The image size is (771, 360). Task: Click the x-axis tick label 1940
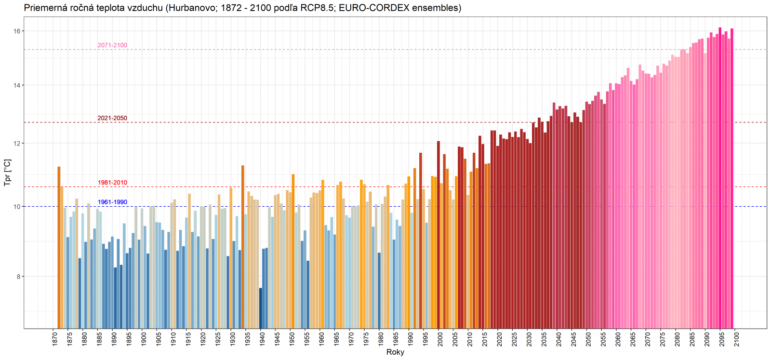(x=262, y=338)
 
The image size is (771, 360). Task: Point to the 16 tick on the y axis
(x=17, y=31)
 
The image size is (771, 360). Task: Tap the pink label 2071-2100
(x=112, y=45)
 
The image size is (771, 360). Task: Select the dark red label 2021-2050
(x=112, y=118)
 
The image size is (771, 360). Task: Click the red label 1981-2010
(x=112, y=183)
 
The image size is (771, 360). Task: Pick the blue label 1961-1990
(x=112, y=202)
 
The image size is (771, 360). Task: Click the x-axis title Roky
(x=395, y=352)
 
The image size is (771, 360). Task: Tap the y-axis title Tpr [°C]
(x=7, y=173)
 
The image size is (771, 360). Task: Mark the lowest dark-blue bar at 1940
(x=261, y=308)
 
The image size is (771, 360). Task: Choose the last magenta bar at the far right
(x=731, y=178)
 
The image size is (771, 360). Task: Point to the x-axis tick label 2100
(x=736, y=338)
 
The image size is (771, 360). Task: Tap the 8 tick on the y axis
(x=18, y=277)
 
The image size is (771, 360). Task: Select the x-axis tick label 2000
(x=439, y=338)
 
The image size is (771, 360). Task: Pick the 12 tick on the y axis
(x=17, y=144)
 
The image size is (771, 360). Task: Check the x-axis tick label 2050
(x=588, y=338)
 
